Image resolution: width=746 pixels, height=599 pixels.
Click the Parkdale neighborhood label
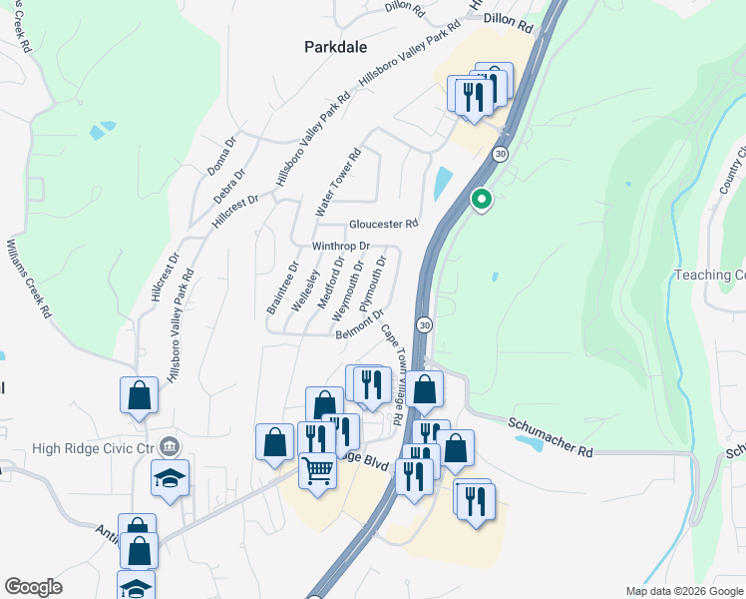pos(335,47)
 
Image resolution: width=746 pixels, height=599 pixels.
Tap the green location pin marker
pos(482,200)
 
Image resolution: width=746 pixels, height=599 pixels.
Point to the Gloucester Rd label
pos(383,224)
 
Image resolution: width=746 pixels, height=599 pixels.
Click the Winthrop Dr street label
pos(341,246)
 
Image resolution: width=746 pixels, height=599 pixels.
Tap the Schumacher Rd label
pos(551,436)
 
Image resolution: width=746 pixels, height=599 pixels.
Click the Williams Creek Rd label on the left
pos(29,279)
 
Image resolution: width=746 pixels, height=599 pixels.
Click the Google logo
pos(33,587)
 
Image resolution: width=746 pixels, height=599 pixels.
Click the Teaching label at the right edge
pos(709,276)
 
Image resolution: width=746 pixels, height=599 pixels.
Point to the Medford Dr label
pos(330,284)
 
